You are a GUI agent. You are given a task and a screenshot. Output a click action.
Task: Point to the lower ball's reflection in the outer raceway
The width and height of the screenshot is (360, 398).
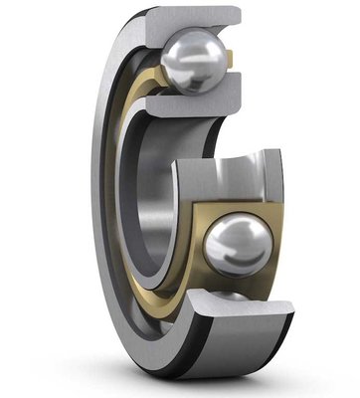point(231,296)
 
